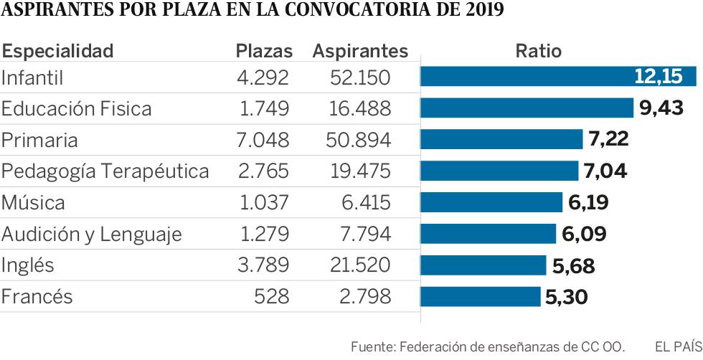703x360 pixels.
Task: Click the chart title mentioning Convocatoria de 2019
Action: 252,11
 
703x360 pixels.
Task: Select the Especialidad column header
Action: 58,51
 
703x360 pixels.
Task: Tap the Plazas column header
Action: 265,51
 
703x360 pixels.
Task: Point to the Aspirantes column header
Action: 360,51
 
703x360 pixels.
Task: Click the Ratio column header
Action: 538,51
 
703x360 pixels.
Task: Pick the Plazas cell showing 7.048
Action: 263,140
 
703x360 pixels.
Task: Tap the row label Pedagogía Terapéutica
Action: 105,171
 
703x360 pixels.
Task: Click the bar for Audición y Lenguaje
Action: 488,234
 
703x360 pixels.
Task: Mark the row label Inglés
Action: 28,265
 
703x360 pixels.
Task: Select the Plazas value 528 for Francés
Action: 273,296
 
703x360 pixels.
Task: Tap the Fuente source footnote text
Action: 488,347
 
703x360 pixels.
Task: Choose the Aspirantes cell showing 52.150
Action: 360,77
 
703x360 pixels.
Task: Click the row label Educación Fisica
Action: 77,108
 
